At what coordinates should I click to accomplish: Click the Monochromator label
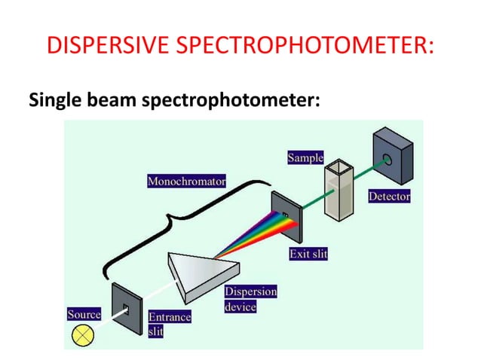tap(187, 182)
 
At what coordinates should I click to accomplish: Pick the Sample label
tap(305, 158)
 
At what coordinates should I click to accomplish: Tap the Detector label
tap(389, 197)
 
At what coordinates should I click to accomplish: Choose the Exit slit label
tap(308, 254)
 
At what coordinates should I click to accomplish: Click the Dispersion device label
tap(250, 299)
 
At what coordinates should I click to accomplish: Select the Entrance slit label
tap(170, 325)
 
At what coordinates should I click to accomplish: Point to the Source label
tap(84, 313)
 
